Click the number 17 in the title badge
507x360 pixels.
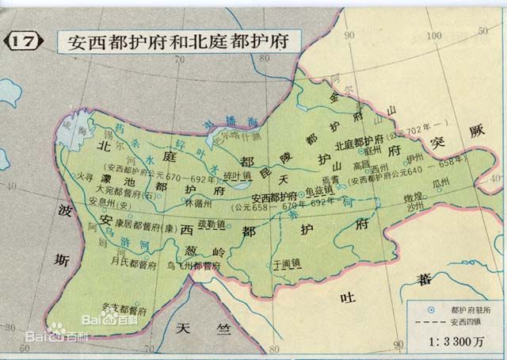tap(23, 40)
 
